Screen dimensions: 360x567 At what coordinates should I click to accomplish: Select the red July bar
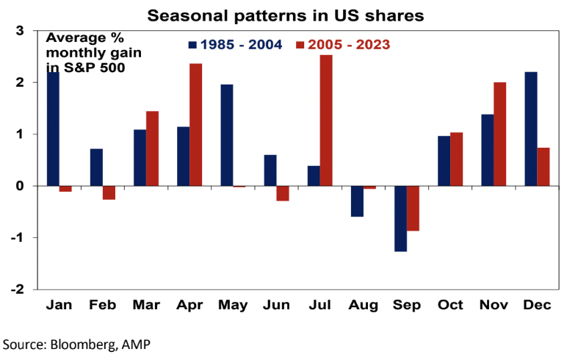tap(326, 120)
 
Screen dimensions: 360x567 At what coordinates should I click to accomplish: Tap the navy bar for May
tap(227, 135)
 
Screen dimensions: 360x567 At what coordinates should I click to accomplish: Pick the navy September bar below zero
tap(400, 219)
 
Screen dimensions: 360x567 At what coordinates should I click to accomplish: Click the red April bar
tap(195, 125)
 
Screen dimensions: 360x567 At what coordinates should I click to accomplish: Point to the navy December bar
tap(530, 129)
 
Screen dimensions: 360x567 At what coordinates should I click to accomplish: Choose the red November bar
tap(499, 134)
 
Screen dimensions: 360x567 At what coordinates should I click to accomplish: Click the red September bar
tap(413, 209)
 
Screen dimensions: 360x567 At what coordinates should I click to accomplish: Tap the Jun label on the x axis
tap(276, 304)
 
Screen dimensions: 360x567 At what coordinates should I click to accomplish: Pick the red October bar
tap(456, 159)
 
